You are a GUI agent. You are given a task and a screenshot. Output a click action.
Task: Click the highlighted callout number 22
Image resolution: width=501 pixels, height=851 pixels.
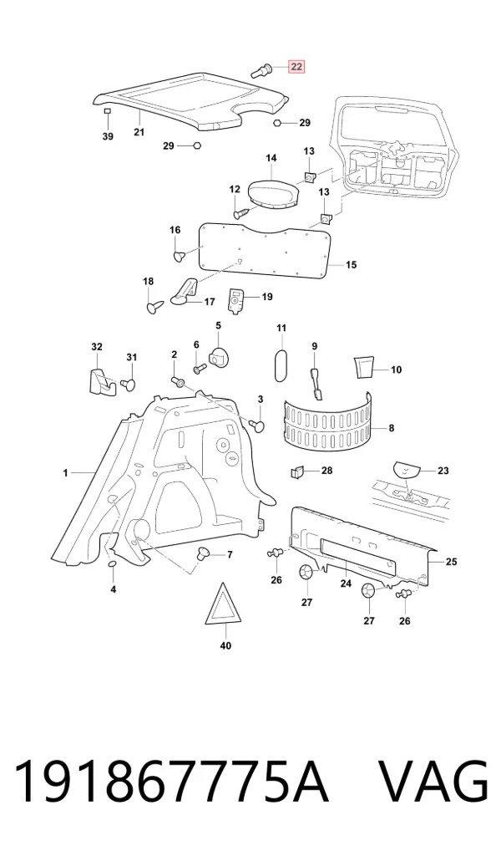pos(296,67)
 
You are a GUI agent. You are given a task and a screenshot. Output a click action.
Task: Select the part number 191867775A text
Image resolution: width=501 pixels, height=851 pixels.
pos(171,781)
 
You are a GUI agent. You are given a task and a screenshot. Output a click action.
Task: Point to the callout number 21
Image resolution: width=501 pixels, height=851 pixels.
pos(139,132)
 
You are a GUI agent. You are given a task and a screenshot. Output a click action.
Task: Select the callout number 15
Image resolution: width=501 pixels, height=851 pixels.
pos(352,265)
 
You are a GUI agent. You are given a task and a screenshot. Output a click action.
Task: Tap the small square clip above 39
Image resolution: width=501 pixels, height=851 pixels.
pos(108,110)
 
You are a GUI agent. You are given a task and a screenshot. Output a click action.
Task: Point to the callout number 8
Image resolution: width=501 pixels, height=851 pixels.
pos(392,428)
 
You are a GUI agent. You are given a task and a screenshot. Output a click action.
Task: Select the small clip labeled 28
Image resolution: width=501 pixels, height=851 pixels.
pos(296,472)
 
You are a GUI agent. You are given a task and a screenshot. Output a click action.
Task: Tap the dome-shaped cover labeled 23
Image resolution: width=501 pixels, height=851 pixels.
pos(406,469)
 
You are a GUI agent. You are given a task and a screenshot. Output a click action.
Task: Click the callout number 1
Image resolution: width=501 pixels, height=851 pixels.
pos(66,473)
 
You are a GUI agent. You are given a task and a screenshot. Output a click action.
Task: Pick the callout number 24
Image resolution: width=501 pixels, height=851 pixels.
pos(346,583)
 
